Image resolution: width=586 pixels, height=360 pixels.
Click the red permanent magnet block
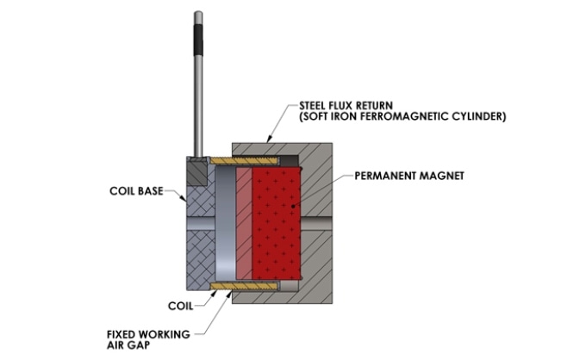(x=276, y=223)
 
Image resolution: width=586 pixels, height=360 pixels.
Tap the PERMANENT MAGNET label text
(x=409, y=176)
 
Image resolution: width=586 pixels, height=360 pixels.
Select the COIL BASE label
(x=136, y=191)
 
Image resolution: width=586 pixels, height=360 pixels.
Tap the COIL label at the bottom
(x=180, y=307)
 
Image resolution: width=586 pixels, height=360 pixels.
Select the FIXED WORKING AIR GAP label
(x=148, y=339)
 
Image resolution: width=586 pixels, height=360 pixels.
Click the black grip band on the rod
(x=198, y=40)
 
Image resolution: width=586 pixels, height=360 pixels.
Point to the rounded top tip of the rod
(x=198, y=12)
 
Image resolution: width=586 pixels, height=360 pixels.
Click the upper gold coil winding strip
(x=245, y=161)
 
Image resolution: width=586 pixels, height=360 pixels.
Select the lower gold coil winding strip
(x=245, y=286)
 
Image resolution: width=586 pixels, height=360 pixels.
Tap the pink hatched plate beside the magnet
(x=245, y=223)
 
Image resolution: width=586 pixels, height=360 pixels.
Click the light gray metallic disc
(x=226, y=223)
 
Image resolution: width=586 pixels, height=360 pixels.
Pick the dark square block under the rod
(x=197, y=171)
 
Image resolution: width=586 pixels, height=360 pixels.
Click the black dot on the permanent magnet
(x=293, y=206)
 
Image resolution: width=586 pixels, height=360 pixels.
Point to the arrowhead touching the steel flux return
(x=269, y=140)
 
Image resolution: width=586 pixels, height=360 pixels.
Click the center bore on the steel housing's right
(x=316, y=223)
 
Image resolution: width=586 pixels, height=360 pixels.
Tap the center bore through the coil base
(x=201, y=223)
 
